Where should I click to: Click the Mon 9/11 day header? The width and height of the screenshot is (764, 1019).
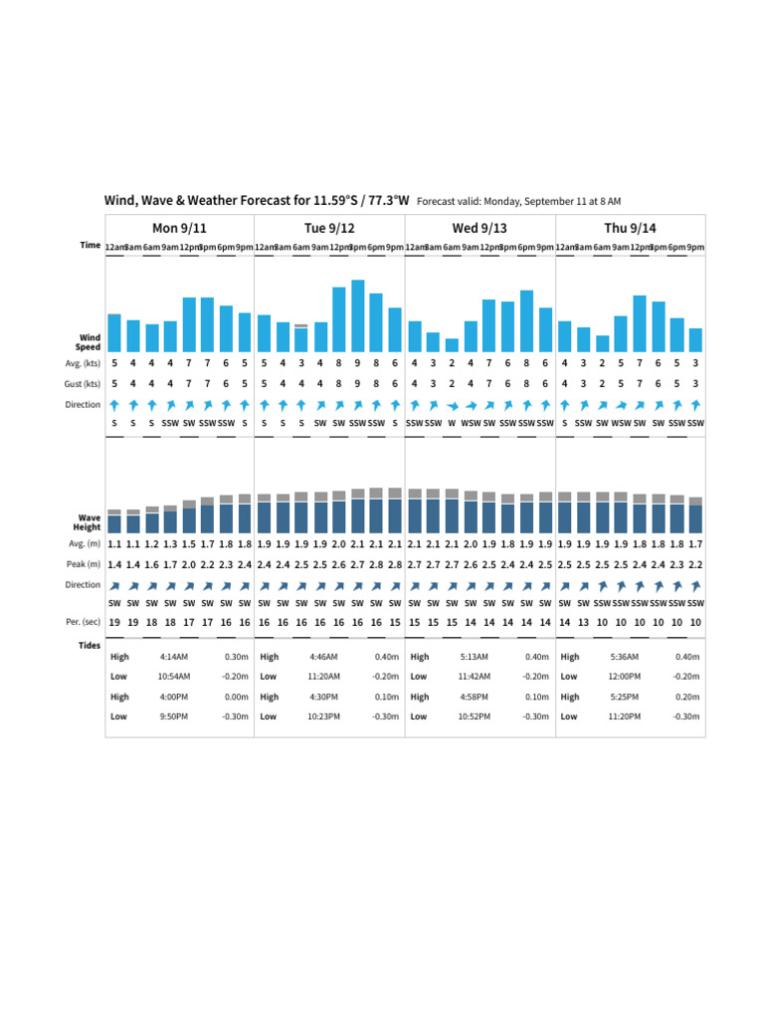pyautogui.click(x=179, y=229)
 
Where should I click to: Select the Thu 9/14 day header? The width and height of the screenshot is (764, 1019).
pyautogui.click(x=630, y=229)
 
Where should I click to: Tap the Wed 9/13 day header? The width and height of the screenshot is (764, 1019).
pyautogui.click(x=479, y=229)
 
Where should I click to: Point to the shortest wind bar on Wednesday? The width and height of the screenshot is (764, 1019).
pyautogui.click(x=452, y=344)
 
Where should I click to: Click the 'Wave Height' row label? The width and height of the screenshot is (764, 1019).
pyautogui.click(x=89, y=522)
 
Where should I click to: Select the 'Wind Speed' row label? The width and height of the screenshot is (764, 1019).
pyautogui.click(x=89, y=342)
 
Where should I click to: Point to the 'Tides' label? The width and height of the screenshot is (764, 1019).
pyautogui.click(x=90, y=645)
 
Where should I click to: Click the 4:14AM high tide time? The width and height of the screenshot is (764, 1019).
pyautogui.click(x=174, y=657)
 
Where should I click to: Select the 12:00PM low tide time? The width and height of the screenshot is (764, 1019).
pyautogui.click(x=625, y=676)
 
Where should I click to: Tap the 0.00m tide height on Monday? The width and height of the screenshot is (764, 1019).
pyautogui.click(x=236, y=697)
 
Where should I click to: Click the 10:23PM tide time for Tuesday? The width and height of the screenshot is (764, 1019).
pyautogui.click(x=324, y=716)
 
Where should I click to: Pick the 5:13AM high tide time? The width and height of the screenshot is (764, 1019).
pyautogui.click(x=475, y=657)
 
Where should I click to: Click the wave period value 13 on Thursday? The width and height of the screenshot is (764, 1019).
pyautogui.click(x=583, y=622)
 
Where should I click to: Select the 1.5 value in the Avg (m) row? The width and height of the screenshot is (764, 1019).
pyautogui.click(x=189, y=544)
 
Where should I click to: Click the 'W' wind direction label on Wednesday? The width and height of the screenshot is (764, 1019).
pyautogui.click(x=452, y=423)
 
